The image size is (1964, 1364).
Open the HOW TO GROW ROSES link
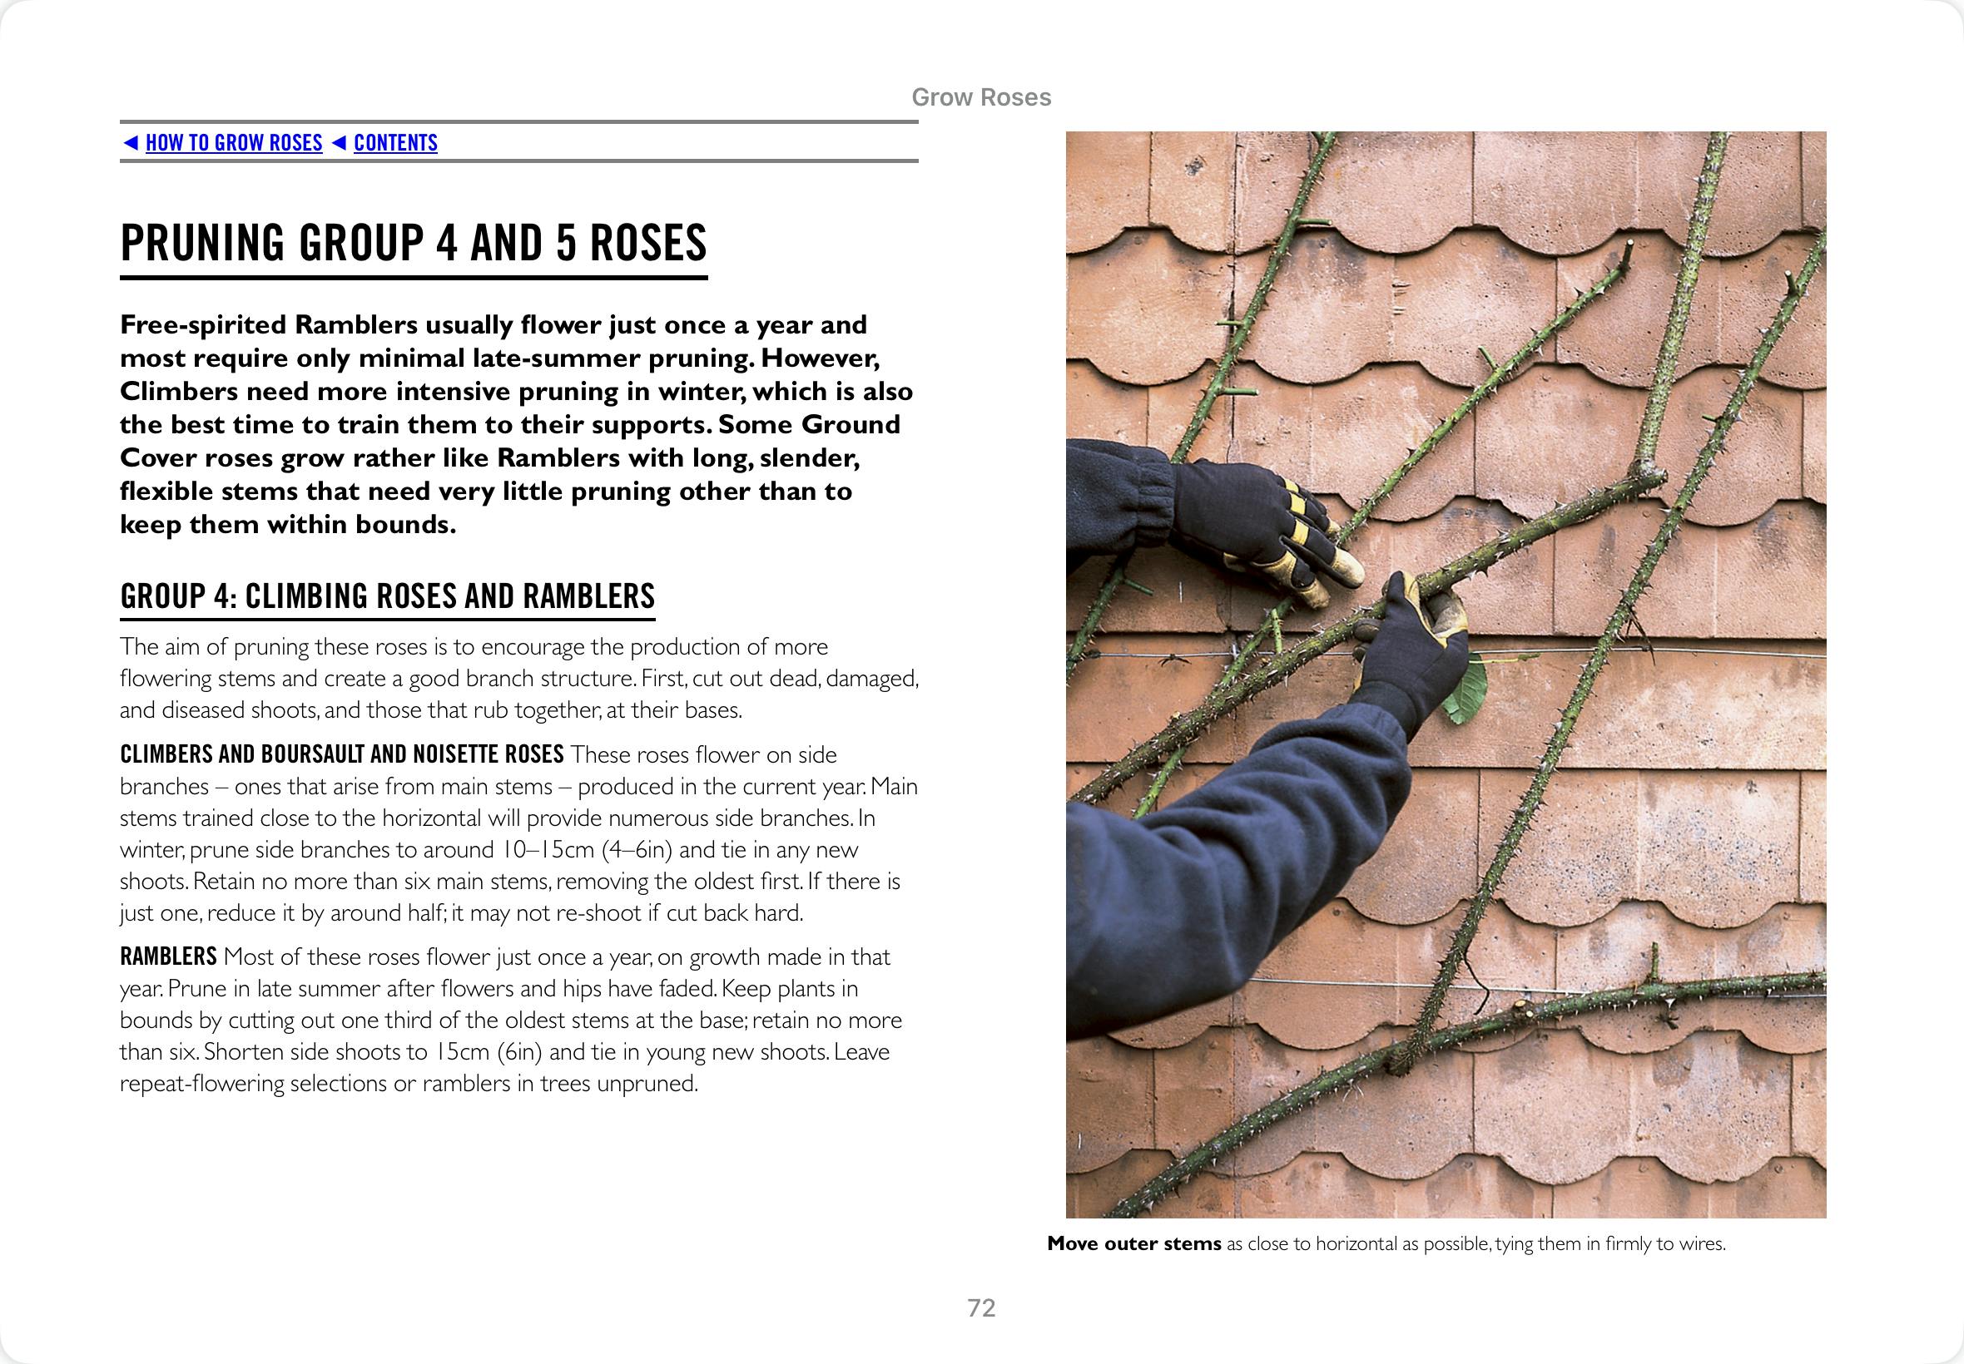tap(233, 143)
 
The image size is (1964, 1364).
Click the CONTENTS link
tap(395, 143)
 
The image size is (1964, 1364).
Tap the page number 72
tap(980, 1307)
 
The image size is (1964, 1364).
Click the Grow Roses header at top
tap(980, 97)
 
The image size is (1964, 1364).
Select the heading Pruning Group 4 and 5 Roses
tap(413, 243)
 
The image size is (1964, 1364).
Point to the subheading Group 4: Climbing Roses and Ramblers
tap(387, 596)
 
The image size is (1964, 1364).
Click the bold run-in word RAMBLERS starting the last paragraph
tap(168, 956)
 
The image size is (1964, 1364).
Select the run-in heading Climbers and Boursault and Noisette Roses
tap(341, 754)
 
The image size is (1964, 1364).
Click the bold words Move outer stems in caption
tap(1133, 1243)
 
